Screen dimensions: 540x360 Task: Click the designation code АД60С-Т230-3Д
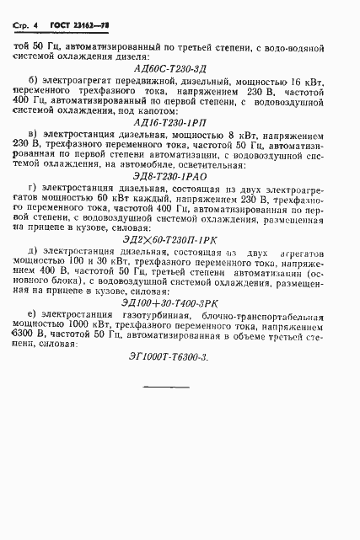pos(177,66)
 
